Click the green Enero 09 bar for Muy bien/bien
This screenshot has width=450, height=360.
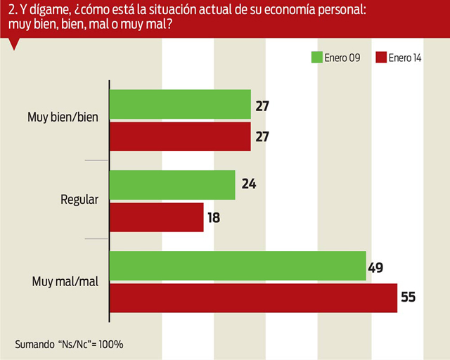180,105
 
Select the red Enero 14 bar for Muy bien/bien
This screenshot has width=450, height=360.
180,136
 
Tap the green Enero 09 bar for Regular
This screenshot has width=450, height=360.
172,185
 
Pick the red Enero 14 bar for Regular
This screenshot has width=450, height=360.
156,217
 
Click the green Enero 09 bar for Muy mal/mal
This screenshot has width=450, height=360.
238,266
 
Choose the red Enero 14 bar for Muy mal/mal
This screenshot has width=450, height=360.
253,297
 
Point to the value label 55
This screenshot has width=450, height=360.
409,297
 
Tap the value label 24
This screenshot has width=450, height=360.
247,185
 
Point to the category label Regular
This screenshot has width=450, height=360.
79,200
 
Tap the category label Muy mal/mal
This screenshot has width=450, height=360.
65,281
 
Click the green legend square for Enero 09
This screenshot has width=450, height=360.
316,58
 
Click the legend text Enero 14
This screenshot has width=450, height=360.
405,58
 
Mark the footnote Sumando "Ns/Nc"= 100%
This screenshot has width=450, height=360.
69,345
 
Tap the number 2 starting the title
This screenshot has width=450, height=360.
9,11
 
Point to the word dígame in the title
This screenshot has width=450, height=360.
47,11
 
